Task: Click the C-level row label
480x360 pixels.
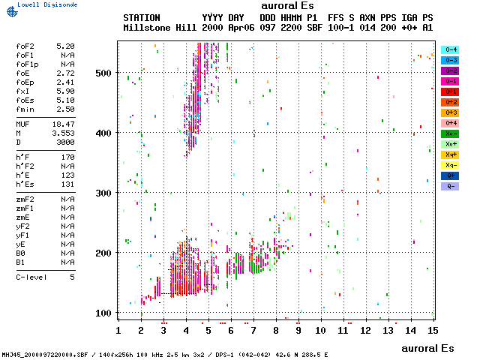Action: tap(32, 277)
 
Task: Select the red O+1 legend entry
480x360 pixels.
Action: tap(451, 91)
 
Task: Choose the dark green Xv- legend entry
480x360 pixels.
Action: tap(451, 133)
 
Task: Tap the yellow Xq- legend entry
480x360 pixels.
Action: tap(451, 165)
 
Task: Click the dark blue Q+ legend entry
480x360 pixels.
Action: tap(451, 175)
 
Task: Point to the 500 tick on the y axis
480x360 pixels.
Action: tap(103, 73)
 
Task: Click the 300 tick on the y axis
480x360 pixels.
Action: tap(103, 193)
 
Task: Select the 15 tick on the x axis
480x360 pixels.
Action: tap(433, 330)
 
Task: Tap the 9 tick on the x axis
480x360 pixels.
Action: tap(298, 330)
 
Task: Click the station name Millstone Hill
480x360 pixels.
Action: tap(160, 26)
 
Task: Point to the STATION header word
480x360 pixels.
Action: tap(142, 16)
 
